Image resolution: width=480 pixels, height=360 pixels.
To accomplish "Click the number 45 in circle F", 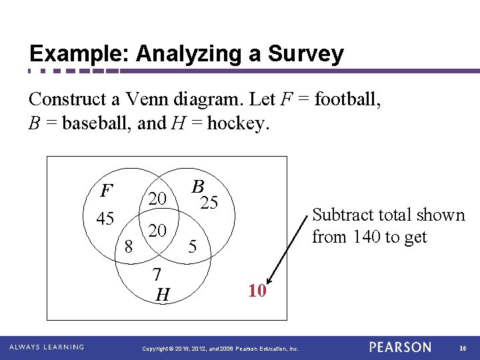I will coord(105,219).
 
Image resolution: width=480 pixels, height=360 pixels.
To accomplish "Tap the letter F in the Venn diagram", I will coord(105,191).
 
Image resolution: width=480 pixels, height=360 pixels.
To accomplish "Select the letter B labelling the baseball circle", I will coord(197,187).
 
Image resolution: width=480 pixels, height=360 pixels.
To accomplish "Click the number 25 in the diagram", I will coord(209,203).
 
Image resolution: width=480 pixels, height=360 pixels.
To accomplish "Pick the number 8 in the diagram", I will coord(129,247).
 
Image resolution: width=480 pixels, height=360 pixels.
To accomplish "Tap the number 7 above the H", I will coord(156,274).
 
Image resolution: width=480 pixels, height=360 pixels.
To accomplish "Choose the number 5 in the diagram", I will coord(192,247).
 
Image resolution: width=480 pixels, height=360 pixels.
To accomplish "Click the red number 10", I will coord(257,291).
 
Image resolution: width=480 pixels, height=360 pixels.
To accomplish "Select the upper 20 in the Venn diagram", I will coord(157,199).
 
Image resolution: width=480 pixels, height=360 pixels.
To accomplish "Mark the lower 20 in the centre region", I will coord(157,231).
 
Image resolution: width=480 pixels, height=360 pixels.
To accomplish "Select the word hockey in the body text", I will coord(237,123).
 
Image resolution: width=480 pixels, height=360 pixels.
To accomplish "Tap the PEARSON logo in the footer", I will coord(401,347).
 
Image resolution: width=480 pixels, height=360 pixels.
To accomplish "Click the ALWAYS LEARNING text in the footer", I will coord(47,347).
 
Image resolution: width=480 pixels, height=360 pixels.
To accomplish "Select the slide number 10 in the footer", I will coord(463,347).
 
